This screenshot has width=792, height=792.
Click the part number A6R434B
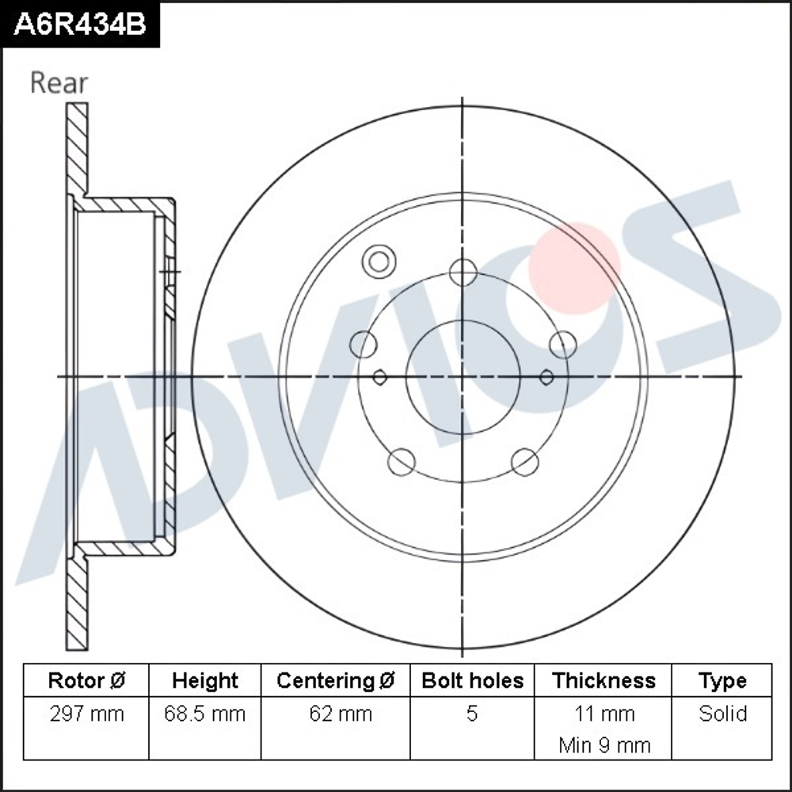click(80, 25)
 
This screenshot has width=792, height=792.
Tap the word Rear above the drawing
click(59, 82)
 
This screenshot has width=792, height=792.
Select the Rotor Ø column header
click(86, 680)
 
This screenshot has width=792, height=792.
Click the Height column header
click(205, 680)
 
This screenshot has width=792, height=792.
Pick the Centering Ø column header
click(336, 680)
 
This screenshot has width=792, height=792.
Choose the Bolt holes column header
click(472, 680)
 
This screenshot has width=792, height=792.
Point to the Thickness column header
click(604, 680)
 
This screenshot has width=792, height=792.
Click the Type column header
click(722, 680)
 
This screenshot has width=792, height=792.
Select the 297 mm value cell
click(86, 714)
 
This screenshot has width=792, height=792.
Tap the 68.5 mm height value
click(205, 714)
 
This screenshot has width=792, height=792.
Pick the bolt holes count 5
click(472, 714)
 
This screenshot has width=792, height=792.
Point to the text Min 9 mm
click(604, 745)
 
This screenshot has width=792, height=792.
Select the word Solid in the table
click(722, 714)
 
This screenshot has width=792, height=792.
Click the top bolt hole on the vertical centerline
click(463, 272)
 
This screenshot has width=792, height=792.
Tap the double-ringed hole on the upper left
click(379, 262)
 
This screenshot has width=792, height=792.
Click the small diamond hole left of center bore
click(379, 377)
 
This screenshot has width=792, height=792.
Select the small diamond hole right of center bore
click(546, 377)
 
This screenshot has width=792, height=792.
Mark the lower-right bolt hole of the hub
click(525, 462)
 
